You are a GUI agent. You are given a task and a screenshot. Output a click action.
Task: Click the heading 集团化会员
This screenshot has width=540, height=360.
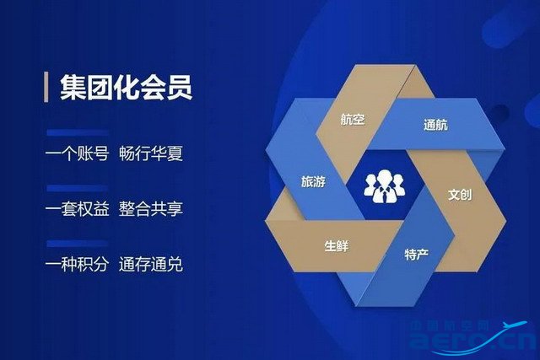point(126,88)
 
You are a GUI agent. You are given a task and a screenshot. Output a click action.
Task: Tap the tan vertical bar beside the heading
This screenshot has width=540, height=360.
point(46,87)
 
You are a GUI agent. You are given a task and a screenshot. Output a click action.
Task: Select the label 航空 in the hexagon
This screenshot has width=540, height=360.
point(353,120)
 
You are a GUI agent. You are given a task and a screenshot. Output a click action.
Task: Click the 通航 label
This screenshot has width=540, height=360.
point(435,125)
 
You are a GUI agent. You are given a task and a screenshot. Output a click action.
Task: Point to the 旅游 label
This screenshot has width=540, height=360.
point(313,181)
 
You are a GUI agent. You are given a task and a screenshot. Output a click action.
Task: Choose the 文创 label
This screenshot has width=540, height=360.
point(460,195)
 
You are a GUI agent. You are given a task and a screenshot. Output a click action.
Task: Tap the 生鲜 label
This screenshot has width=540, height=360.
point(337,246)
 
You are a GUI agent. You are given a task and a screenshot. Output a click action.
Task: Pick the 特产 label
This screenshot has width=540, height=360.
point(416,255)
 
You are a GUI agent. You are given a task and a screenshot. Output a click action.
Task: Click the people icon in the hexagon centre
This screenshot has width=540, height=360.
point(384,185)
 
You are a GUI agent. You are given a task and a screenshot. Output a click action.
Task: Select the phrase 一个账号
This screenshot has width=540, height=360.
point(78,153)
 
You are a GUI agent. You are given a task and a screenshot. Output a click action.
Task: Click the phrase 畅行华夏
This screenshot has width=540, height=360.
point(151,153)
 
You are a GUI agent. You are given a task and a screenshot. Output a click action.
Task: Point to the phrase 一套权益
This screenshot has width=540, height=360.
point(78,209)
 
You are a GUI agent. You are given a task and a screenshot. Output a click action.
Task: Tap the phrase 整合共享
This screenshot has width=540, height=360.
point(151,209)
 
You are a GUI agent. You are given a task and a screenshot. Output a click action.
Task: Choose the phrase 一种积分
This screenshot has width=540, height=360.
point(78,265)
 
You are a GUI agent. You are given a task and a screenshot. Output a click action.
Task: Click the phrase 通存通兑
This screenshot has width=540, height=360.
point(151,265)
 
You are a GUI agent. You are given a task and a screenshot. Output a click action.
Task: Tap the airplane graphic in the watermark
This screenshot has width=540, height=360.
point(515,325)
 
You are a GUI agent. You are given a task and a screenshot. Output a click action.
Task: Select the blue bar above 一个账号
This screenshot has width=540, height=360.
point(78,133)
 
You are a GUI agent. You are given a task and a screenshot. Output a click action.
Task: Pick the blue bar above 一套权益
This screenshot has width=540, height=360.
point(78,188)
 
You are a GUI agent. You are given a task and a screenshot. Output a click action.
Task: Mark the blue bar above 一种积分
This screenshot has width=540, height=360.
point(78,244)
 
